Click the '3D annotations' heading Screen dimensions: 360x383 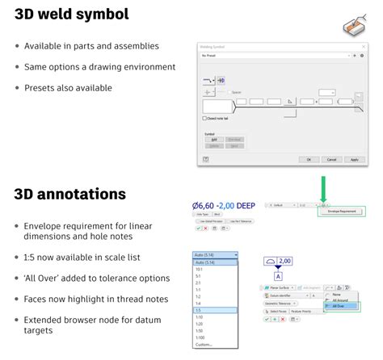pyautogui.click(x=69, y=194)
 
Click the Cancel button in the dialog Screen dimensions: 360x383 pyautogui.click(x=330, y=160)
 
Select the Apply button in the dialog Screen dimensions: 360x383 pyautogui.click(x=352, y=160)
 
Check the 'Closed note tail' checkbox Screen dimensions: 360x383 pyautogui.click(x=204, y=119)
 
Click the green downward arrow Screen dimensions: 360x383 pyautogui.click(x=323, y=189)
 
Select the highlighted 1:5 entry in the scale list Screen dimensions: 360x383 pyautogui.click(x=215, y=310)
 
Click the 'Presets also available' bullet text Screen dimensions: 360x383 pyautogui.click(x=68, y=88)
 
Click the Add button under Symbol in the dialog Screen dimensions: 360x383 pyautogui.click(x=214, y=139)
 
